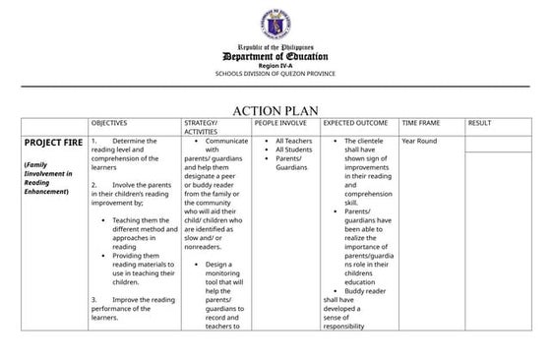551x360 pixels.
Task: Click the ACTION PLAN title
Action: (x=275, y=110)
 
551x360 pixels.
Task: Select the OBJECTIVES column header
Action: (x=109, y=123)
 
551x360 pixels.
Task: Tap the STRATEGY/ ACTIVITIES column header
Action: (x=201, y=127)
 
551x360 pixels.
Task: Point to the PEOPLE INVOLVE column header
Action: (x=280, y=123)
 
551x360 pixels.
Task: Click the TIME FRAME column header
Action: (x=422, y=123)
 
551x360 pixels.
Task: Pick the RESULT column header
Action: (x=479, y=123)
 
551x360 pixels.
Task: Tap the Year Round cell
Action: (x=419, y=141)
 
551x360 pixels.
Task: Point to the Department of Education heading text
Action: (x=275, y=56)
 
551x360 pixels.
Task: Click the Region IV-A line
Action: (x=275, y=66)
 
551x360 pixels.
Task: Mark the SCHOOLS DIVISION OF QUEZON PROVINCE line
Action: (x=275, y=74)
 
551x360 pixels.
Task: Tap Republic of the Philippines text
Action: (x=275, y=46)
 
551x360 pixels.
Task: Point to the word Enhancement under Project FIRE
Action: (x=47, y=191)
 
